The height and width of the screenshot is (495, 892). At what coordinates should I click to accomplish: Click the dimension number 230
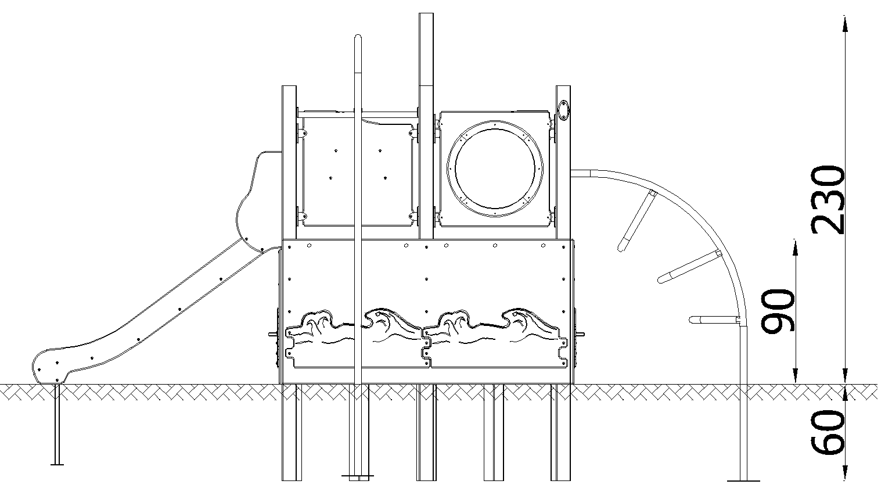tap(828, 199)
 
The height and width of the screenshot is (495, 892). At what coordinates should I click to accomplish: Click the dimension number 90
tap(778, 311)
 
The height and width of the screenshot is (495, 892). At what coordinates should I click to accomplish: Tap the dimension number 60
tap(828, 432)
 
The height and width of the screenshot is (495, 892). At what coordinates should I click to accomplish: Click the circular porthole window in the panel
tap(495, 168)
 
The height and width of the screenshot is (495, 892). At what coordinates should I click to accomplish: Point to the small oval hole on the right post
tap(563, 110)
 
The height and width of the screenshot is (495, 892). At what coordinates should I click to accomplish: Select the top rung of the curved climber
tap(636, 220)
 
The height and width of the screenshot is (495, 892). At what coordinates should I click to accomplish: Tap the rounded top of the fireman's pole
tap(358, 38)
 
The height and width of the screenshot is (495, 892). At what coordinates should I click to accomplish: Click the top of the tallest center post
tap(426, 15)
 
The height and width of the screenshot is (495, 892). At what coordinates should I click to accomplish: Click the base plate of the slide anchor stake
tap(57, 464)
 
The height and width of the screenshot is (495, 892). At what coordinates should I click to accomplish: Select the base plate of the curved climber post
tap(743, 481)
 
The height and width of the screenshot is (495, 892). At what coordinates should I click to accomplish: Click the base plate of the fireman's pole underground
tap(358, 475)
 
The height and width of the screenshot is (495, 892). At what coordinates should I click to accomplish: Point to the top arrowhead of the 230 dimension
tap(845, 23)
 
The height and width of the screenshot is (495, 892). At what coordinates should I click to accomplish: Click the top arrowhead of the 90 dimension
tap(795, 247)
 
